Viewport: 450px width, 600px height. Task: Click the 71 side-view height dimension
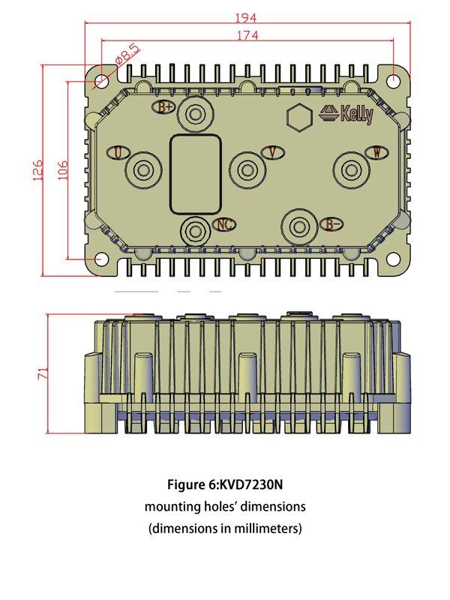(x=43, y=373)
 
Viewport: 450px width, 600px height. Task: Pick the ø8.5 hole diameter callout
(x=126, y=55)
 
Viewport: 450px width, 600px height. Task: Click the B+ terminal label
(x=166, y=106)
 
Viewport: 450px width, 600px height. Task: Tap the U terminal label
(x=118, y=153)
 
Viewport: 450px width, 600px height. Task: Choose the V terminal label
(x=274, y=153)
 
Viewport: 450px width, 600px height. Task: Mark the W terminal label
(x=376, y=153)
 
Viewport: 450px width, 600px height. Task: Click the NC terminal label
(x=224, y=223)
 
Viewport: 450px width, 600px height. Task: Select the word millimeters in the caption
(x=266, y=529)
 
